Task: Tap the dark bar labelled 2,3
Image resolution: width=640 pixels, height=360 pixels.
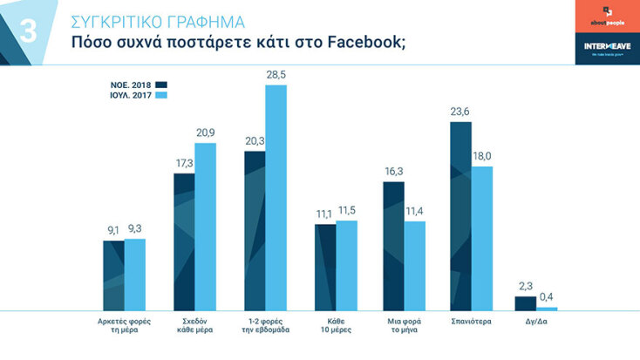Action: tap(525, 303)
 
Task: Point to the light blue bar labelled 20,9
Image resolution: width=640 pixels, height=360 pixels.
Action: tap(205, 227)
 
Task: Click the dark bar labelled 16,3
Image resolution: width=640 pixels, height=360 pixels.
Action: tap(393, 245)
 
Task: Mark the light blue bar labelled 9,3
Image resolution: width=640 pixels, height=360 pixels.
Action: tap(135, 274)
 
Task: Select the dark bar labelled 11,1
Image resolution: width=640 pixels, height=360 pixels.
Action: tap(325, 267)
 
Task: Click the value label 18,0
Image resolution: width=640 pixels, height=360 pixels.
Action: tap(482, 156)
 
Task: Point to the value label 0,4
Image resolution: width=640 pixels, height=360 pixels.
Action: tap(547, 297)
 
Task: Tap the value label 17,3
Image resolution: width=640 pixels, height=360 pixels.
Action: tap(183, 163)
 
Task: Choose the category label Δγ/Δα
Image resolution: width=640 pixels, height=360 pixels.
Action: tap(535, 321)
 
